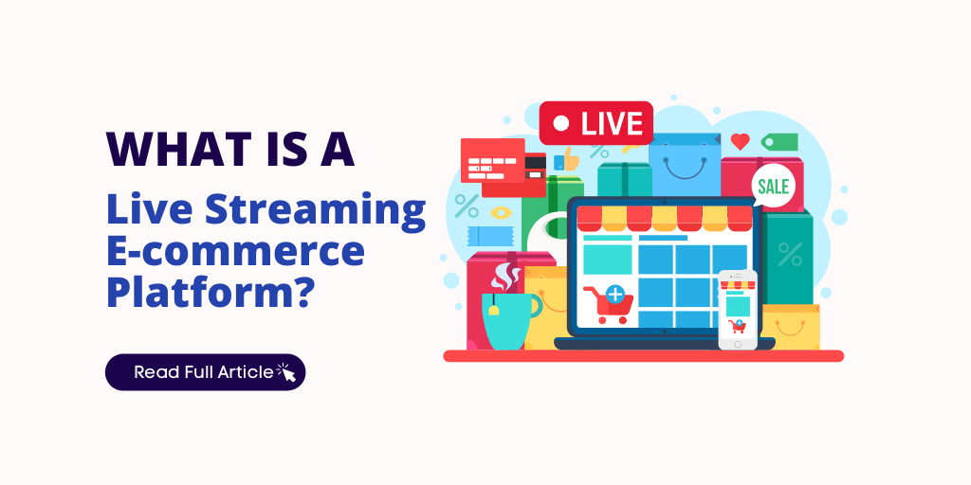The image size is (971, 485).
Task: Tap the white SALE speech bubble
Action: click(773, 186)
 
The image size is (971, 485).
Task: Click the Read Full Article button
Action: click(205, 372)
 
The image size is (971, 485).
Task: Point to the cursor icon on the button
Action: click(286, 373)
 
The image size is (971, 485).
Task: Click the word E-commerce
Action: click(235, 252)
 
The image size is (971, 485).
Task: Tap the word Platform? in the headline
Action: click(210, 292)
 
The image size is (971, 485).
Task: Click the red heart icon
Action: click(740, 142)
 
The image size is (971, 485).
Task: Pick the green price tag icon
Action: click(779, 142)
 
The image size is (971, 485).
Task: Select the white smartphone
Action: click(737, 309)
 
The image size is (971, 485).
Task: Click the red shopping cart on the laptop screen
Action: click(608, 303)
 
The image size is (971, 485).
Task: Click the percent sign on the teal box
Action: click(789, 254)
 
